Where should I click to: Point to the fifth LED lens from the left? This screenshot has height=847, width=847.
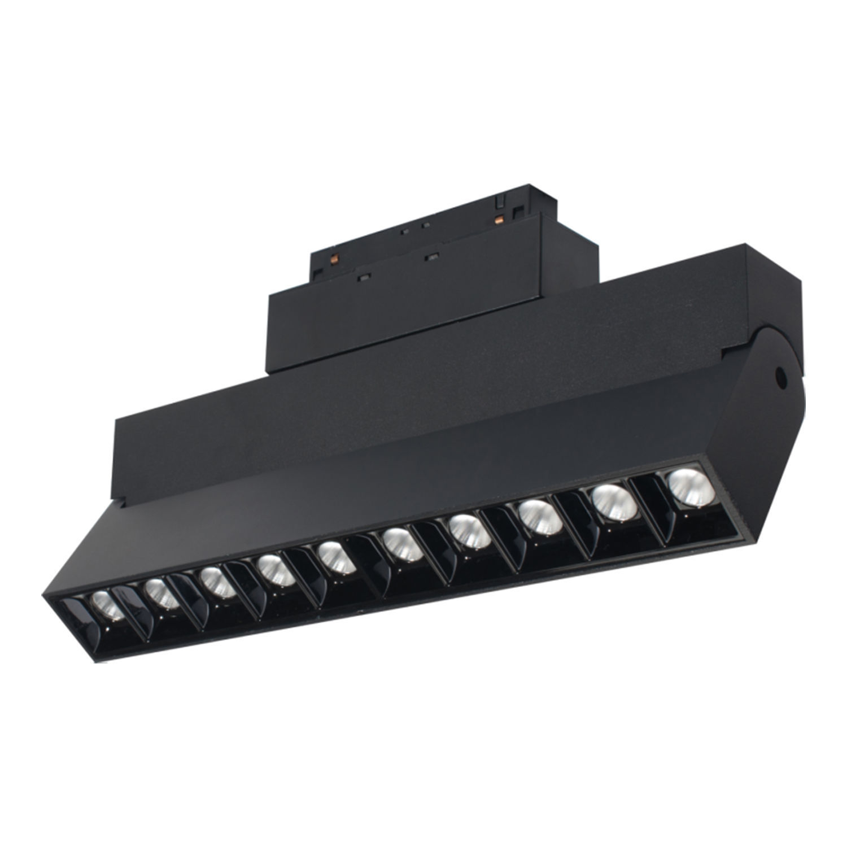(335, 559)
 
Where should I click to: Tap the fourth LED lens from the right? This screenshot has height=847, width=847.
(468, 531)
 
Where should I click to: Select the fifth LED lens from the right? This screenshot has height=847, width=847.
(400, 545)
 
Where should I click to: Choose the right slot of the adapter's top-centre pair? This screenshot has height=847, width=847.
(426, 225)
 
